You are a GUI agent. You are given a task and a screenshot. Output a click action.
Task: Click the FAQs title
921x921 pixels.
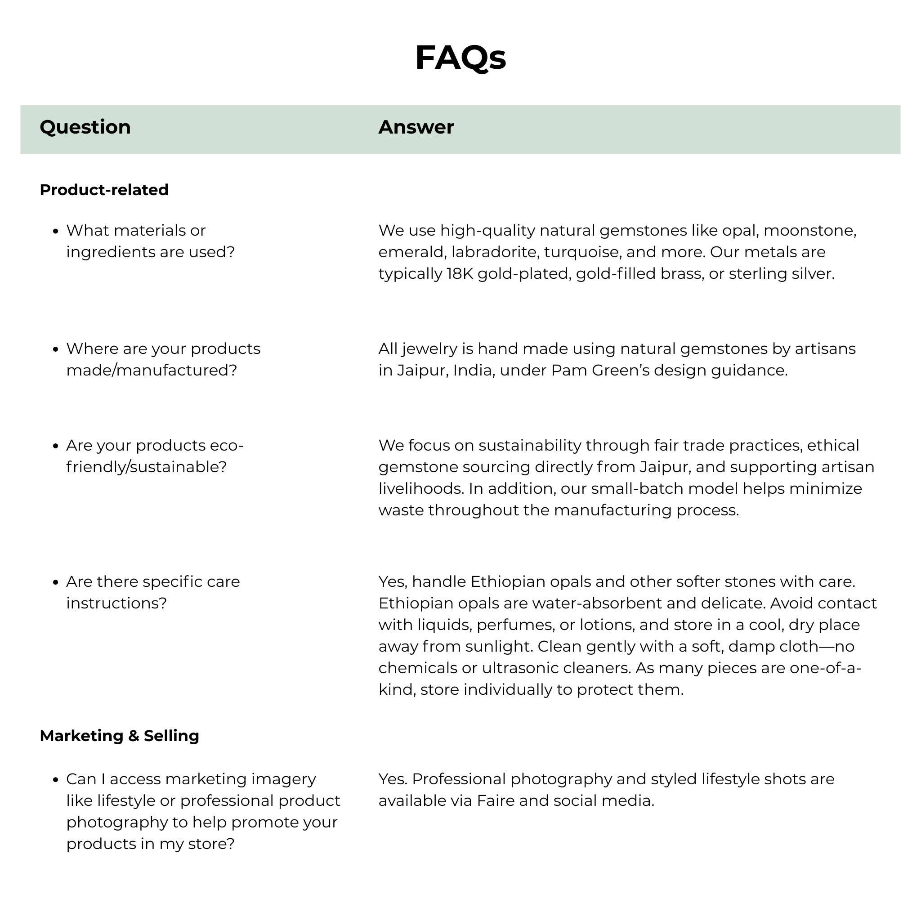[460, 58]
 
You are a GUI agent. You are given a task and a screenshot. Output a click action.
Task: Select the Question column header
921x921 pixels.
[85, 127]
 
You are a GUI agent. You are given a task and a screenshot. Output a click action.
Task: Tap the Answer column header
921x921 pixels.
[416, 127]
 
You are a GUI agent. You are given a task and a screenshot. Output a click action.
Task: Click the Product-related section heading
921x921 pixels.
[104, 190]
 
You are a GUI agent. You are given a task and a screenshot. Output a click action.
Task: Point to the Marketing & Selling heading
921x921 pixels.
[119, 736]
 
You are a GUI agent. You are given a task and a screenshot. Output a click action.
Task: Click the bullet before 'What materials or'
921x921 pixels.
[56, 231]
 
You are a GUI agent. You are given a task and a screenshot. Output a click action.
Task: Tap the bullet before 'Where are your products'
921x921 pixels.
[56, 349]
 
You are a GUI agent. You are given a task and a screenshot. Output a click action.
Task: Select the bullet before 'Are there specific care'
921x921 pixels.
[56, 582]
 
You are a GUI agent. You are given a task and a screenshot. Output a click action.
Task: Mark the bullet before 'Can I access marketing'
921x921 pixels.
[56, 780]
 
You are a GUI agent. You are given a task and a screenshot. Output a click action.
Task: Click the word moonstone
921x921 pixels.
[809, 231]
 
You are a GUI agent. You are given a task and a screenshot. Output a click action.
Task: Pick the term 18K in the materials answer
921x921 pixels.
[460, 273]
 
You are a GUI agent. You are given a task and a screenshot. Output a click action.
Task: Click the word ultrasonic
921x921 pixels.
[520, 668]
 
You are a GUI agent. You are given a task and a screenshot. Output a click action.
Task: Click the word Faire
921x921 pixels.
[495, 801]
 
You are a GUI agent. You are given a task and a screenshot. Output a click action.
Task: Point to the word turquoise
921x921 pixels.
[582, 252]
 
